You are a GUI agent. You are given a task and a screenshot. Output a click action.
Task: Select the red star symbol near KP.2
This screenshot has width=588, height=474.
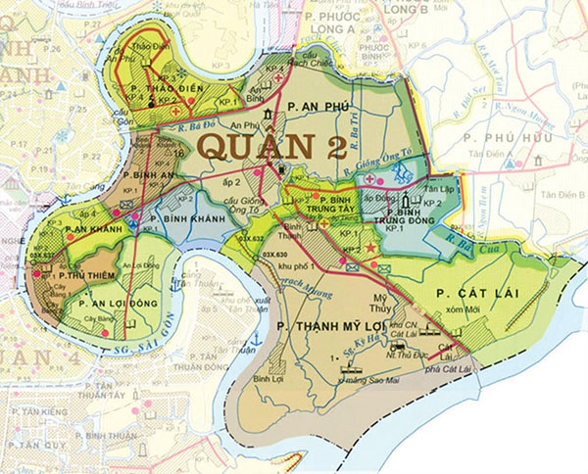[370, 252]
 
